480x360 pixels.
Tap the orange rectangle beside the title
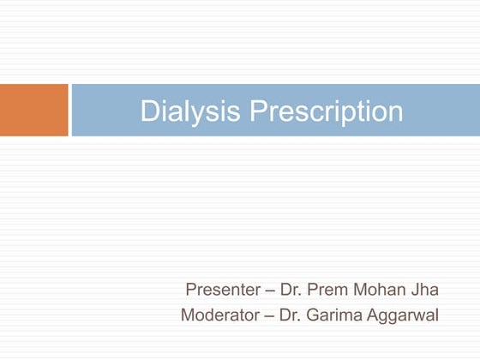(x=33, y=110)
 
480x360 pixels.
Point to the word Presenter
(x=219, y=289)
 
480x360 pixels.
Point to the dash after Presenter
(x=267, y=289)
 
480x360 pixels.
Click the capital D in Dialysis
(x=149, y=111)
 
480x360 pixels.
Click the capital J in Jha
(x=415, y=289)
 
